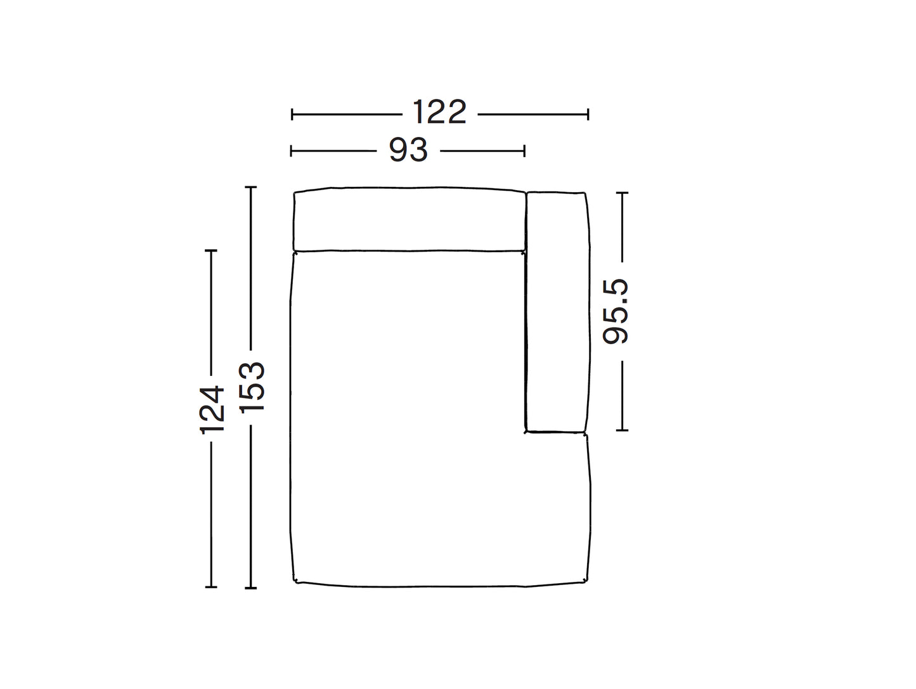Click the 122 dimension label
tap(439, 112)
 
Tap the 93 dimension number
tap(408, 150)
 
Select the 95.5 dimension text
tap(616, 311)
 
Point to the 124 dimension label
tap(212, 410)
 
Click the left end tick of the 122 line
tap(292, 114)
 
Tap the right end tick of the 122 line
tap(588, 114)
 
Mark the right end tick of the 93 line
tap(524, 151)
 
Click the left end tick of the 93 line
tap(291, 151)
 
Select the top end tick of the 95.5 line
tap(622, 193)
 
